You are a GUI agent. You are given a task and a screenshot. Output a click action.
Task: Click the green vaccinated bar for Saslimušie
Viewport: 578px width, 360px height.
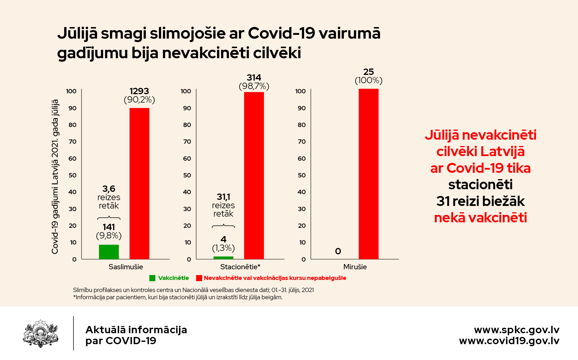tap(109, 252)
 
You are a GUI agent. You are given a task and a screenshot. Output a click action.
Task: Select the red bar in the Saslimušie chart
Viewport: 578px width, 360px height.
tap(139, 183)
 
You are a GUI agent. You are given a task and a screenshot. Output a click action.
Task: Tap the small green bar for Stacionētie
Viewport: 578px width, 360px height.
tap(223, 257)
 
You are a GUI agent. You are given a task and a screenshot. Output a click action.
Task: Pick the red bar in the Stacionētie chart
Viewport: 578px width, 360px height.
tap(254, 175)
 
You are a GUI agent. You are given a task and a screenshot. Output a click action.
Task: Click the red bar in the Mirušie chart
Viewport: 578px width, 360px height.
tap(368, 174)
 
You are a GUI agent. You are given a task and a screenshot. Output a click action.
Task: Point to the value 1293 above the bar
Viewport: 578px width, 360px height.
tap(139, 91)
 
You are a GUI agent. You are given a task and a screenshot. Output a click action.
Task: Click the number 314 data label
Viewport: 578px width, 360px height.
tap(254, 77)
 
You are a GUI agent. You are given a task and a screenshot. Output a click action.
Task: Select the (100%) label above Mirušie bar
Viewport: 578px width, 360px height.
tap(368, 80)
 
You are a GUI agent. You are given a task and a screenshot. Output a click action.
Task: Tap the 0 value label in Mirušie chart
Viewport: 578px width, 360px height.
tap(338, 251)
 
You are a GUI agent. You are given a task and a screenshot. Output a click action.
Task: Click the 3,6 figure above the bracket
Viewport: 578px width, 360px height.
tap(109, 189)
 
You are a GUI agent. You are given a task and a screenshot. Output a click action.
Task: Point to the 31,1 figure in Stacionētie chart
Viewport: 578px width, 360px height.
tap(223, 197)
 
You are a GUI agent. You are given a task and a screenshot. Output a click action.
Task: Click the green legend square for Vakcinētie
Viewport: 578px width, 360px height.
tap(152, 278)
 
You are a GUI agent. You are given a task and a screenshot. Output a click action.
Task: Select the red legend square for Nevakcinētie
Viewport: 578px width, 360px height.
tap(199, 278)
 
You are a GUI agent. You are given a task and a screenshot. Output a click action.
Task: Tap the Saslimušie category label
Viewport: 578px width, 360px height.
tap(126, 267)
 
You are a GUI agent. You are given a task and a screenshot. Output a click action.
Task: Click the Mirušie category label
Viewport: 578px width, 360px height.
tap(355, 267)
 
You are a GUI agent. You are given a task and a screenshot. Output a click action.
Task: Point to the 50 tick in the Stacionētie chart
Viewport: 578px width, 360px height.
tap(187, 175)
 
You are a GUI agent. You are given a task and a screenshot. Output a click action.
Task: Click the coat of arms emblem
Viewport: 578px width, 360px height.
tap(41, 333)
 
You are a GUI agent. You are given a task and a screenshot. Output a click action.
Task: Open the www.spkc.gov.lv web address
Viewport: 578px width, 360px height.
tap(517, 330)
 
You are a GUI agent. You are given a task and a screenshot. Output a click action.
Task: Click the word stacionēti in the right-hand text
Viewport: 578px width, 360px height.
tap(480, 185)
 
